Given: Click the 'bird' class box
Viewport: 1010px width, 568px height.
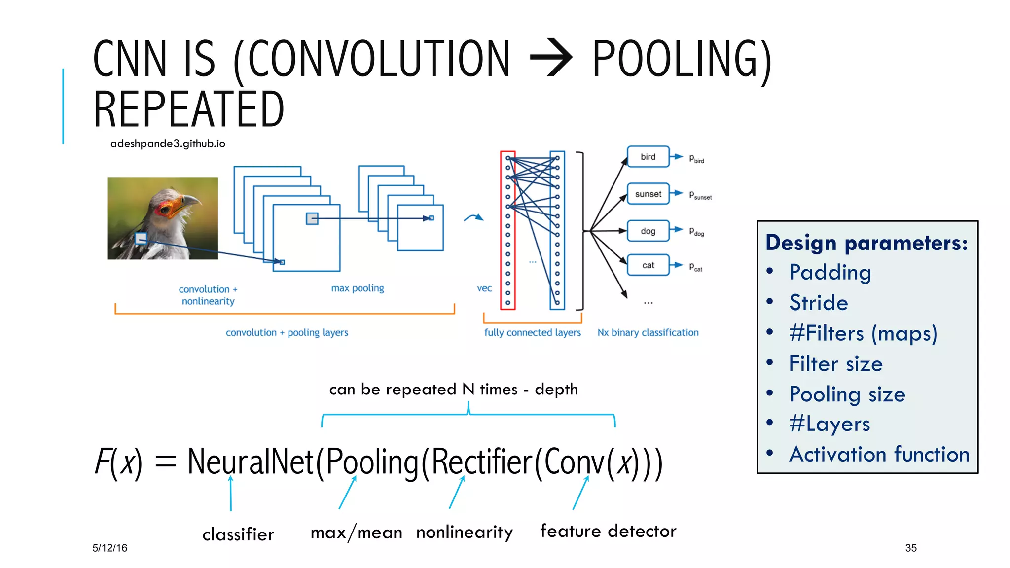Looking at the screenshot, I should pyautogui.click(x=648, y=157).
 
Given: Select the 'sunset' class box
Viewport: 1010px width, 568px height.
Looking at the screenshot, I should pyautogui.click(x=648, y=194).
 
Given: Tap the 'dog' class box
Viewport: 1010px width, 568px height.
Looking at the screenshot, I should pyautogui.click(x=648, y=231).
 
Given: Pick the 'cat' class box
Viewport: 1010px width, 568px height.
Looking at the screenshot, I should pyautogui.click(x=648, y=265).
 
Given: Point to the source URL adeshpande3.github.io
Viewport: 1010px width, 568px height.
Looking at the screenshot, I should pyautogui.click(x=168, y=143).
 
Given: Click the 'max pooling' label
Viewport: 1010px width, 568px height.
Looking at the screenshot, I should pyautogui.click(x=358, y=288).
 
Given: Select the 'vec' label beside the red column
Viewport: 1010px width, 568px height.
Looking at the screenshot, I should pyautogui.click(x=484, y=288).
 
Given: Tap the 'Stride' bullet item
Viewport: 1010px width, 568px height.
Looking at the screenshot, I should pyautogui.click(x=819, y=303).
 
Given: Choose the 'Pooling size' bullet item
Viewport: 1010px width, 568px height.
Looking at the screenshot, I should pyautogui.click(x=847, y=394).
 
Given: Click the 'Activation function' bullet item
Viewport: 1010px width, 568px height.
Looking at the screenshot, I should pyautogui.click(x=879, y=454).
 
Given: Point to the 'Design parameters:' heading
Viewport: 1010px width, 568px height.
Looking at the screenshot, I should pyautogui.click(x=866, y=243).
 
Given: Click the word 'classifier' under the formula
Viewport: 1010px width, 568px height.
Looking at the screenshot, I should pyautogui.click(x=238, y=534).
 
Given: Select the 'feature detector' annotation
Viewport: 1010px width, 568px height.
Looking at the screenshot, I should pyautogui.click(x=608, y=531).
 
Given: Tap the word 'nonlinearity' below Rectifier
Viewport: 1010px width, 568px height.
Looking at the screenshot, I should pyautogui.click(x=465, y=532).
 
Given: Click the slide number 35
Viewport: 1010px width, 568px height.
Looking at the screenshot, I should pyautogui.click(x=911, y=548).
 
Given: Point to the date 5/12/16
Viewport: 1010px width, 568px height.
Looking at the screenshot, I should pyautogui.click(x=110, y=548).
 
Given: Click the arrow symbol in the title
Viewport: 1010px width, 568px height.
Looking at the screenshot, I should pyautogui.click(x=551, y=59).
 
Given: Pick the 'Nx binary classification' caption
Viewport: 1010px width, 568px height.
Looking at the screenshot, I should pyautogui.click(x=648, y=333).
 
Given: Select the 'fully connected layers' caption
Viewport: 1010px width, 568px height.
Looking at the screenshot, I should pyautogui.click(x=533, y=333).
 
